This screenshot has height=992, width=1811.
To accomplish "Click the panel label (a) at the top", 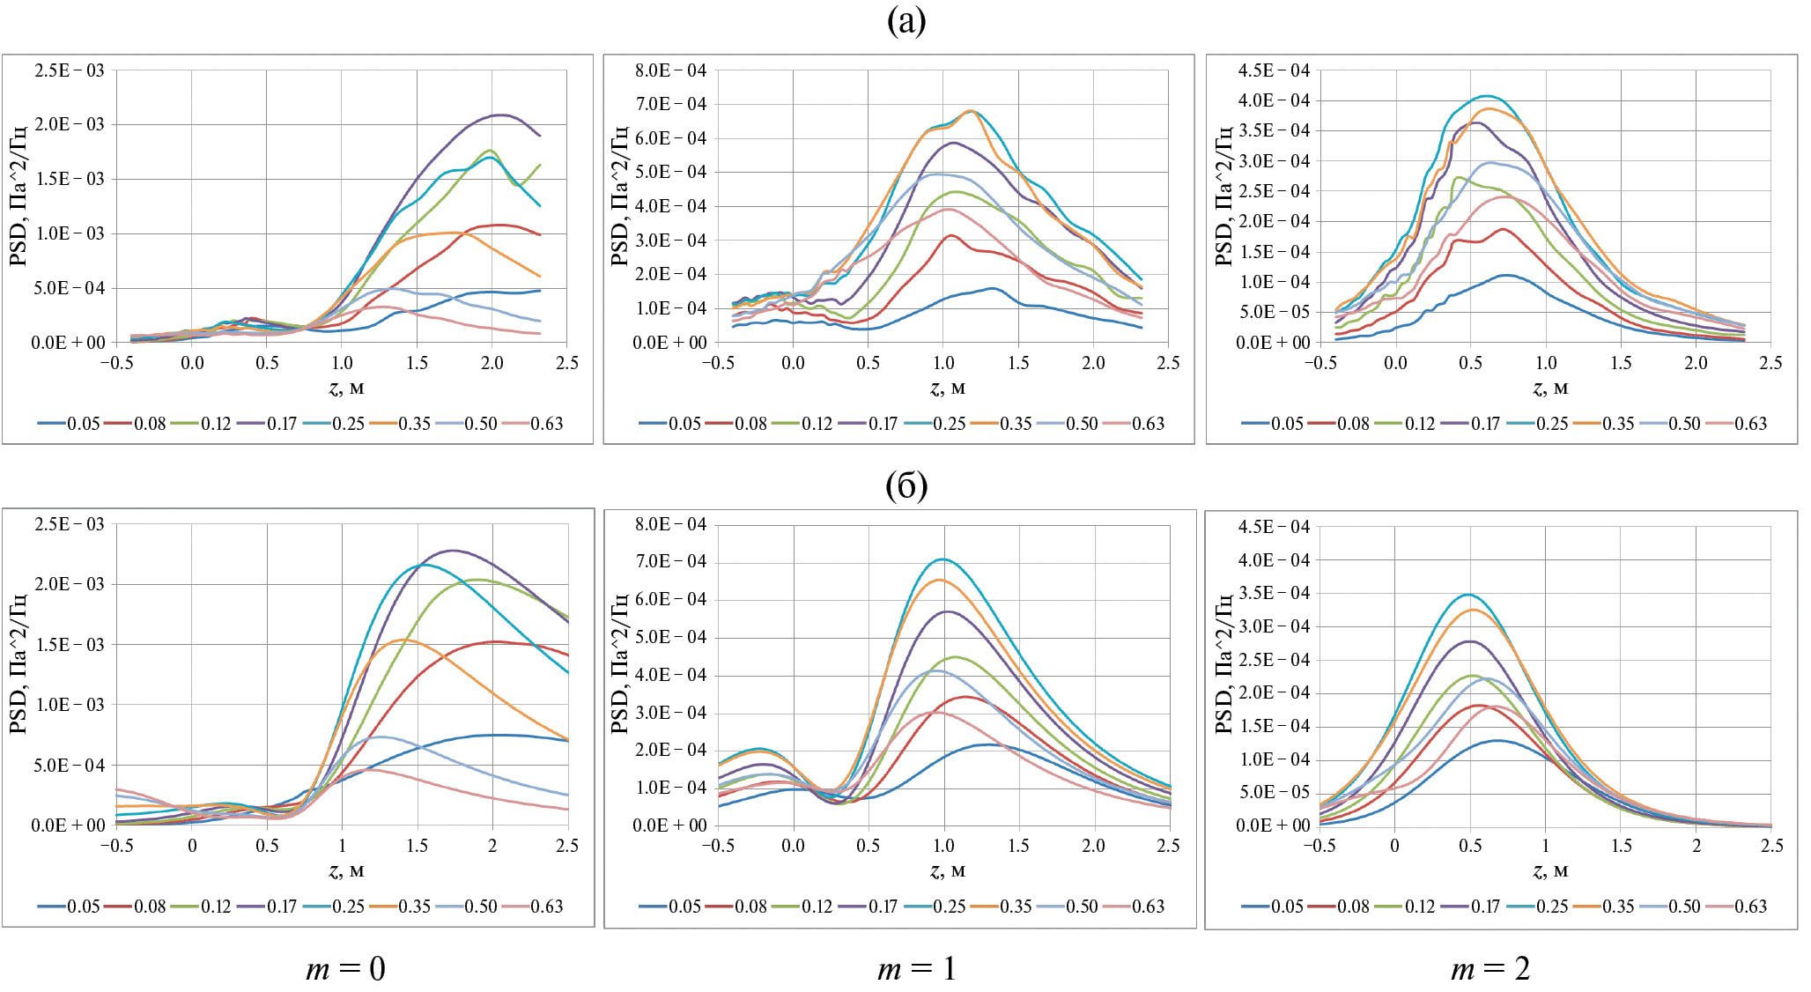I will click(x=905, y=22).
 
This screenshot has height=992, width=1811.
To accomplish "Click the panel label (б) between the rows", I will click(x=905, y=485).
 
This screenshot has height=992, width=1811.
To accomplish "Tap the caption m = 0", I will click(x=345, y=969).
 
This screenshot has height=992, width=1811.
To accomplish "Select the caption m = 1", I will click(x=917, y=969).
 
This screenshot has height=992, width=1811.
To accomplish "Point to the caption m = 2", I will click(x=1490, y=969).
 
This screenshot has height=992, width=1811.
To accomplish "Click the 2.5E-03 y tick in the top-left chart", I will click(x=69, y=70).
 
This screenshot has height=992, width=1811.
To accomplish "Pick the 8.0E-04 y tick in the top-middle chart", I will click(x=670, y=70).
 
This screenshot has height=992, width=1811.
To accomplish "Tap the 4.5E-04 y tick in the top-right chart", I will click(x=1274, y=70).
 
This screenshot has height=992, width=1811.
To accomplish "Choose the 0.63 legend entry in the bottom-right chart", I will click(x=1749, y=907).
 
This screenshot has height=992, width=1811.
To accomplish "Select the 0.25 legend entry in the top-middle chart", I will click(x=949, y=424).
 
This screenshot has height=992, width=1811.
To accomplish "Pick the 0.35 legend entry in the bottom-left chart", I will click(x=414, y=907).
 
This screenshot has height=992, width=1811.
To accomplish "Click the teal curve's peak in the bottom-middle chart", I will click(x=943, y=559).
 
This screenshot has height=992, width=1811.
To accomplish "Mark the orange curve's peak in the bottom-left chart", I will click(x=403, y=639).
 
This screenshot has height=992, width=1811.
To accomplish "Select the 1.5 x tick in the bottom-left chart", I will click(x=417, y=846).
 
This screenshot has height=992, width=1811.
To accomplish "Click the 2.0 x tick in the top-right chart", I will click(x=1696, y=363).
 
